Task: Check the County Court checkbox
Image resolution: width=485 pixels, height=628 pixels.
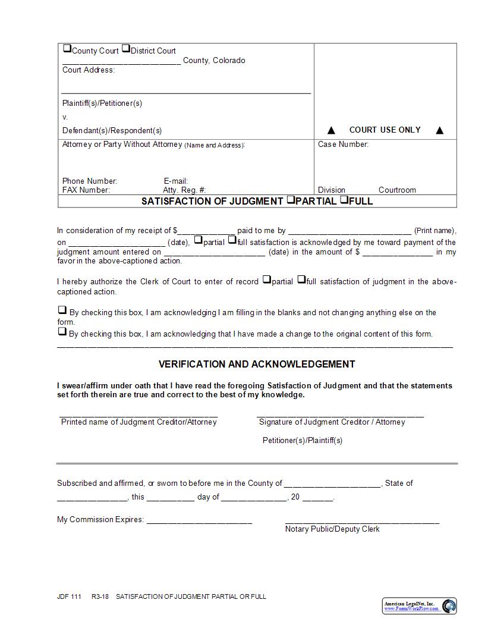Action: pos(67,49)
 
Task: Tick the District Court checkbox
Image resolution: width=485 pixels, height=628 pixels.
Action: pos(126,49)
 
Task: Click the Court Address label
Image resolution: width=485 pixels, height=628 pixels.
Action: pos(88,70)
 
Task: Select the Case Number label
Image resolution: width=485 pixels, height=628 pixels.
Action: pos(343,144)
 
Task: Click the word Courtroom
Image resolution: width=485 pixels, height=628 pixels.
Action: pos(397,190)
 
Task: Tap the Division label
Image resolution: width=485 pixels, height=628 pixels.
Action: pos(331,190)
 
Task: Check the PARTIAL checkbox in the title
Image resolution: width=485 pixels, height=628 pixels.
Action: pos(291,200)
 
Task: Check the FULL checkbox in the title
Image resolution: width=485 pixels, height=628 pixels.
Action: pos(344,200)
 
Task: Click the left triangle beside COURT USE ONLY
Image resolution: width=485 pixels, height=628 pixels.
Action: pos(332,130)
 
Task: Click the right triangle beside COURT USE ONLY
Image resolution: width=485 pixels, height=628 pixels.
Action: pos(440,130)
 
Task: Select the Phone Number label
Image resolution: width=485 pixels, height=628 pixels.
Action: pos(90,181)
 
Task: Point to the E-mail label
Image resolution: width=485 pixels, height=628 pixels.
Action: pos(176,181)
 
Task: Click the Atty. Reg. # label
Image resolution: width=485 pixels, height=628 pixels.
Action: pos(184,190)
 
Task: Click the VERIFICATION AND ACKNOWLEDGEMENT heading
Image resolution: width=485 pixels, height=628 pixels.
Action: pos(257,364)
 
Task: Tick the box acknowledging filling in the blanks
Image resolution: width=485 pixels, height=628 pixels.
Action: pos(62,310)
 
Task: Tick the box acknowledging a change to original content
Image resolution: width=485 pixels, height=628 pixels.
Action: pos(62,332)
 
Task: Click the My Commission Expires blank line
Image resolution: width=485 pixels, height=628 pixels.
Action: pos(199,520)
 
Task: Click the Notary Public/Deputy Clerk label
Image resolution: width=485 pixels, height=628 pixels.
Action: pos(332,529)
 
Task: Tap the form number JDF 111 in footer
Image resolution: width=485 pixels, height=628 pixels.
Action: pos(69,596)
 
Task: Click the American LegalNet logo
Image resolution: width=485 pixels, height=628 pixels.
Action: pos(419,605)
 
